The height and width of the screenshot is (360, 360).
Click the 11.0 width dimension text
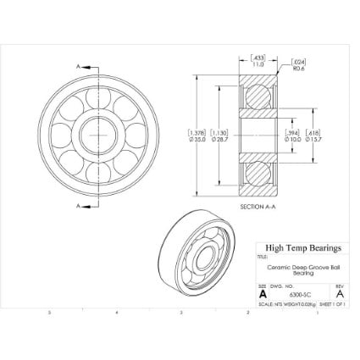[x=258, y=63]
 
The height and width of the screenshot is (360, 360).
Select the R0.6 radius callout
[x=299, y=68]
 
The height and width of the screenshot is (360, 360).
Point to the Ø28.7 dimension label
[x=219, y=138]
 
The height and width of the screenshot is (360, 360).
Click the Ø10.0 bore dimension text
[x=292, y=138]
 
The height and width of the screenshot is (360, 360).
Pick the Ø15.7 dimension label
[x=313, y=138]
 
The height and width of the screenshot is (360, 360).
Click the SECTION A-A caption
[x=258, y=206]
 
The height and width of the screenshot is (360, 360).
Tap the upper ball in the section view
[x=258, y=96]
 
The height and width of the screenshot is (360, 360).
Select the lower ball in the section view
[x=258, y=176]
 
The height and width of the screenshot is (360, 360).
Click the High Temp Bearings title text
[x=302, y=248]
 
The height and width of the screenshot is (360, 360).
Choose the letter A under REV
[x=340, y=294]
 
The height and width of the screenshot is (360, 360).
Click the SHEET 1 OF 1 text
[x=334, y=304]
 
